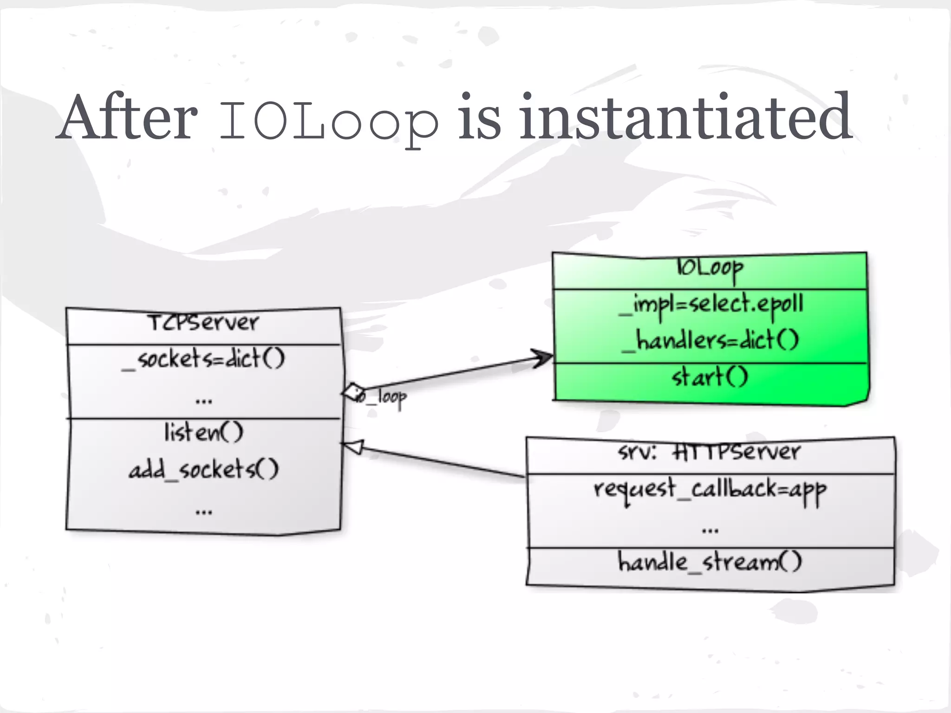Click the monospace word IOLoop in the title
[x=329, y=122]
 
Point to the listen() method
[x=203, y=433]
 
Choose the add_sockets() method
[x=203, y=470]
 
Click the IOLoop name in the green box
[x=710, y=268]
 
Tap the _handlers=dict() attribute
[x=710, y=340]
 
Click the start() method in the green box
[x=710, y=377]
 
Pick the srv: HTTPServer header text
[x=710, y=452]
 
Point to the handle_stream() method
[x=710, y=562]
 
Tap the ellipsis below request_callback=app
[x=710, y=530]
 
